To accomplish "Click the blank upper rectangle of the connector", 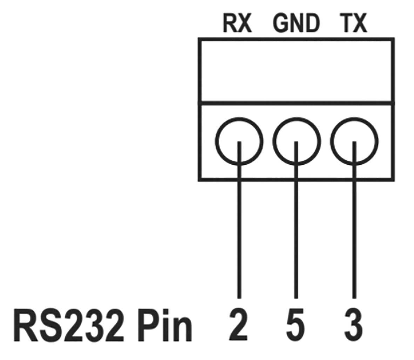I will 296,70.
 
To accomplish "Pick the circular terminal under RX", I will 239,141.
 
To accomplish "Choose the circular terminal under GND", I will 297,141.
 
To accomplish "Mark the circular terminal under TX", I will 355,141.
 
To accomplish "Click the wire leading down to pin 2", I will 239,238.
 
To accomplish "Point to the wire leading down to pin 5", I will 297,238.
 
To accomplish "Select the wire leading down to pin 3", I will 354,238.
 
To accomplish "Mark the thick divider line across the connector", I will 296,103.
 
